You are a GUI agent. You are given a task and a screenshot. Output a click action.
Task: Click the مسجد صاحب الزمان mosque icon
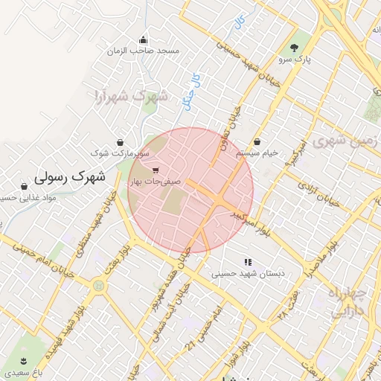coord(143,40)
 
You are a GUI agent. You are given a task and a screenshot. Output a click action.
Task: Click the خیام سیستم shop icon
coord(257,141)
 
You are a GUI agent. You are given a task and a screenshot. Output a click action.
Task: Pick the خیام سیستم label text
coord(257,152)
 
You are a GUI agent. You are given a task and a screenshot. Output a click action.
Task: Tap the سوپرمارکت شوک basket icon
coord(120,142)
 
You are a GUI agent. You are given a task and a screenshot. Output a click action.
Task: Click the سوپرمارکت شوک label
coord(120,153)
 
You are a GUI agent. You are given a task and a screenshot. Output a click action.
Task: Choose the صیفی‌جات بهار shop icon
coord(155,170)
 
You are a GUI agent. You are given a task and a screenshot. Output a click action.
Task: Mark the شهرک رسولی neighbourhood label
coord(71,178)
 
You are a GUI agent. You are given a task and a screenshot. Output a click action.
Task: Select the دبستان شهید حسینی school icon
coord(248,262)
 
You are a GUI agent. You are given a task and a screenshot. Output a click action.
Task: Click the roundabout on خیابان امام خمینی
coord(97,284)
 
